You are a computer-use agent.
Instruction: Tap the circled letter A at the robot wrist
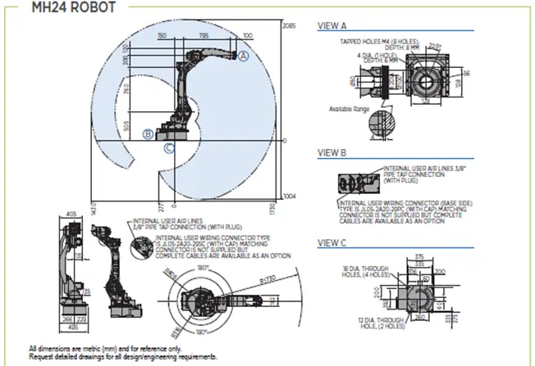[x=244, y=55]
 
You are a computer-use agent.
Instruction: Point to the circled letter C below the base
[x=169, y=148]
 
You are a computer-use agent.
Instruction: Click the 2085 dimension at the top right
[x=288, y=27]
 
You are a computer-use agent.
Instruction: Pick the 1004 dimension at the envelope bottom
[x=289, y=197]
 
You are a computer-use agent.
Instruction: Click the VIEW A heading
[x=333, y=26]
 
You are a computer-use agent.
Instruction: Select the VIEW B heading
[x=333, y=152]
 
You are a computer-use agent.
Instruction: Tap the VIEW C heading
[x=333, y=243]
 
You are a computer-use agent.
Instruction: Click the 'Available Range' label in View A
[x=345, y=108]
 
